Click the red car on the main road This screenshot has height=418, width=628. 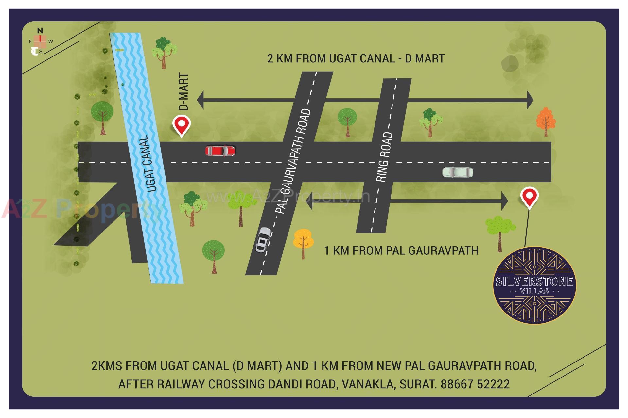220,151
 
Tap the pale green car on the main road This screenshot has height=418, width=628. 457,172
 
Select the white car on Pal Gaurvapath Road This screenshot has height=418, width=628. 263,240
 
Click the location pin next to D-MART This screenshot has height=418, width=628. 182,125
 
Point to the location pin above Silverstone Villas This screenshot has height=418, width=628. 530,197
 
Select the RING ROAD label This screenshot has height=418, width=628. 385,157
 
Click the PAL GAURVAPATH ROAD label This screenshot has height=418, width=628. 293,162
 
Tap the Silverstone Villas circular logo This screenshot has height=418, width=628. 534,285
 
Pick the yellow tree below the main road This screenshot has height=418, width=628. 303,241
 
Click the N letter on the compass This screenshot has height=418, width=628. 40,31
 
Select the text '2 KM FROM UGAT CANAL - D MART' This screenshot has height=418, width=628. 356,59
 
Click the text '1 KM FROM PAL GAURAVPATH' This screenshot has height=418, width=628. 401,251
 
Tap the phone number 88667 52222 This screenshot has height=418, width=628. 475,384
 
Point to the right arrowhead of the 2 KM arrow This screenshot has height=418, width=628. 530,100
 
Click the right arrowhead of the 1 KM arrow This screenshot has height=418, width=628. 504,201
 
